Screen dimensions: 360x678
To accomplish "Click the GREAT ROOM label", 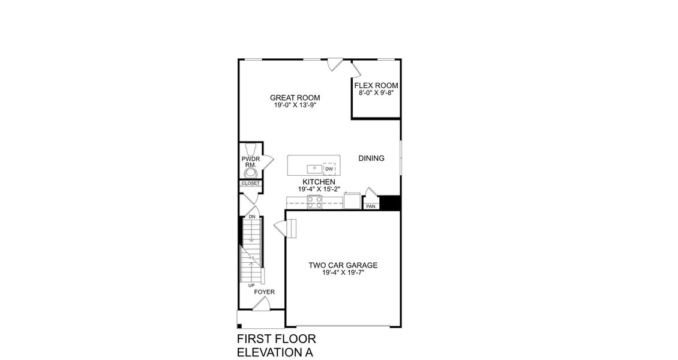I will [295, 98].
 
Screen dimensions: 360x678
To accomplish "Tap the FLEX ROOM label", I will [376, 85].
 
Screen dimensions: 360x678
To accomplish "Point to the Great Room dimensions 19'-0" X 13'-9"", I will [295, 106].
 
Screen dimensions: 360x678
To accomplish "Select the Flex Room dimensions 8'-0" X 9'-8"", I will [376, 93].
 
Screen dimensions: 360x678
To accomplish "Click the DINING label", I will [371, 158].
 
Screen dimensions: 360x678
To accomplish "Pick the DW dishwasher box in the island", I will [329, 169].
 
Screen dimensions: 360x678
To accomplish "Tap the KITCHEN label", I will [319, 182].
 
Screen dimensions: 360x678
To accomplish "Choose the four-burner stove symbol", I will [314, 202].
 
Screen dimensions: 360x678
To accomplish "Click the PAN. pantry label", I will [371, 206].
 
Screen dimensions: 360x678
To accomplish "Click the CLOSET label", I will [250, 183].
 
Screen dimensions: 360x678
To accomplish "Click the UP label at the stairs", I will [251, 285].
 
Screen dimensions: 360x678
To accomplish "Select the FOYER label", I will [264, 292].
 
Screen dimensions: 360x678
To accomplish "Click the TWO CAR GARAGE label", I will [343, 265].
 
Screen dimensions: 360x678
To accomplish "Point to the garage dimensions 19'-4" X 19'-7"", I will [343, 272].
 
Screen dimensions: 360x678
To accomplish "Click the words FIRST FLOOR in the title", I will [277, 340].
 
